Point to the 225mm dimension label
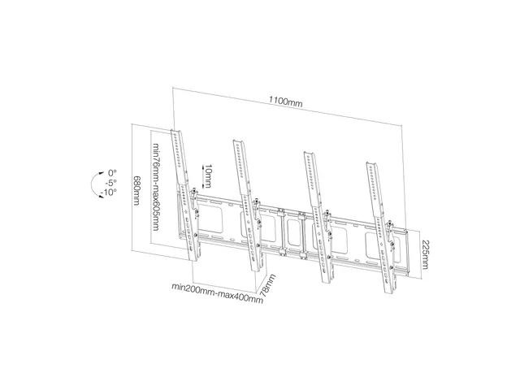pyautogui.click(x=426, y=259)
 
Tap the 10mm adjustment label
pyautogui.click(x=208, y=175)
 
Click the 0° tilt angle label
pyautogui.click(x=112, y=172)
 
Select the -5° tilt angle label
pyautogui.click(x=110, y=183)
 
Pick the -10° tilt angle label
pyautogui.click(x=109, y=193)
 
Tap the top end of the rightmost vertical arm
pyautogui.click(x=372, y=162)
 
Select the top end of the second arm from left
pyautogui.click(x=240, y=141)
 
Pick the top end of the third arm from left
pyautogui.click(x=309, y=153)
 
